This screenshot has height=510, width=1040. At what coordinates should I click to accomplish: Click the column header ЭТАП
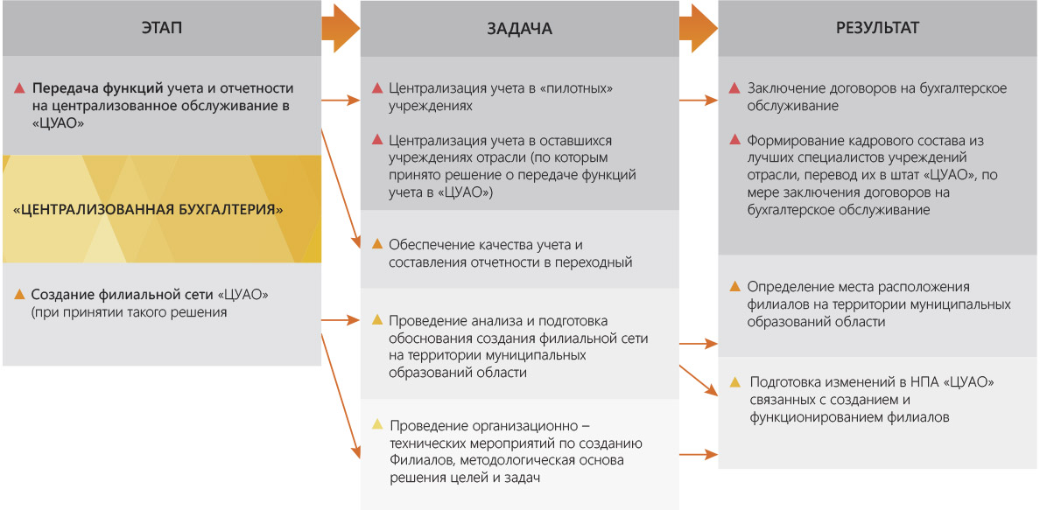point(162,28)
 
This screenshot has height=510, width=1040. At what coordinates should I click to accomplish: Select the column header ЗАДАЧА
point(519,29)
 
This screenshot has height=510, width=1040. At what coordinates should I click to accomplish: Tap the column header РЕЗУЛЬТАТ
point(877,28)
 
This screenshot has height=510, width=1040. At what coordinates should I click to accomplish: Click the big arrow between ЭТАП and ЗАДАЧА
point(341,29)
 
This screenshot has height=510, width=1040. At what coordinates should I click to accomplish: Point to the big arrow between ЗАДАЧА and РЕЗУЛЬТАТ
point(699,29)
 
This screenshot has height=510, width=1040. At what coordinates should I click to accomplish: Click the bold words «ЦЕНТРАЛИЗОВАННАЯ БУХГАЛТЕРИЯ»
point(149,210)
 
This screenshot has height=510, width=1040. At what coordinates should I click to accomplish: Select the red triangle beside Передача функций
point(19,88)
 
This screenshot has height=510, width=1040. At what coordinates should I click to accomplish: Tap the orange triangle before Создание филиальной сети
point(19,293)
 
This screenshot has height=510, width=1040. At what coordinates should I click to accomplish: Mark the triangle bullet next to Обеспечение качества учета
point(377,244)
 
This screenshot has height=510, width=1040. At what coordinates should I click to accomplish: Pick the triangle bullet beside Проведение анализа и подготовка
point(377,321)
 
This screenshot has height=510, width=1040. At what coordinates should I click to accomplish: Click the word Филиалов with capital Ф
point(415,460)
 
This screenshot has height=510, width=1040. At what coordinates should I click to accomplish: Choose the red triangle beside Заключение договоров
point(734,88)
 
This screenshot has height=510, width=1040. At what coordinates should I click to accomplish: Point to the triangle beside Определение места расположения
point(734,287)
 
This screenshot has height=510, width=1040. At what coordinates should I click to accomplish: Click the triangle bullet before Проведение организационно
point(377,424)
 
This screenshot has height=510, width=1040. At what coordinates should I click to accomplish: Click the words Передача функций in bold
point(98,88)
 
